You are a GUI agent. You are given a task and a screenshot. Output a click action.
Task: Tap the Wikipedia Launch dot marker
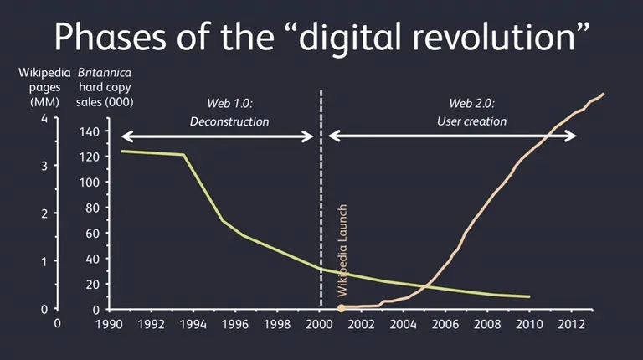tap(341, 309)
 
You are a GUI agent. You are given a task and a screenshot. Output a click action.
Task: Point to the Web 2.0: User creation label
tap(471, 113)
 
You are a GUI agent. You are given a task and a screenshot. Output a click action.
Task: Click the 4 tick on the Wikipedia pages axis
tap(43, 118)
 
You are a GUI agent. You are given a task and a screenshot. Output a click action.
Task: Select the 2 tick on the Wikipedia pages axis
tap(43, 213)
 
